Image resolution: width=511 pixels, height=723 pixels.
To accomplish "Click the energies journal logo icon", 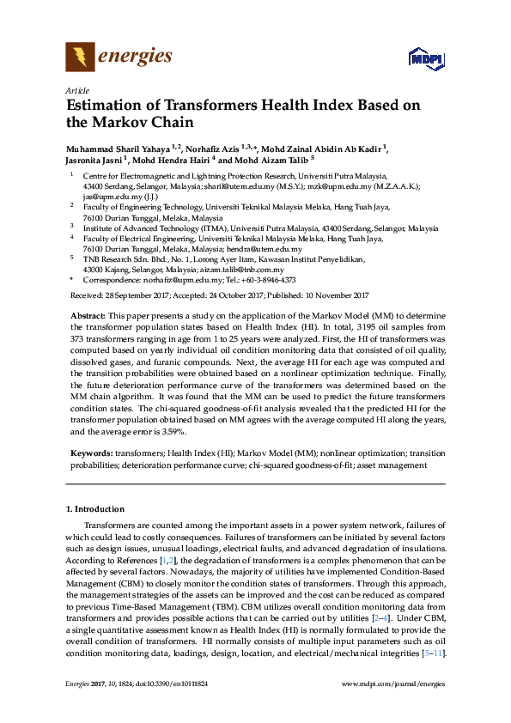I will [80, 58].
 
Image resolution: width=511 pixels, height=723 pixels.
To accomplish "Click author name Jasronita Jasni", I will [94, 160].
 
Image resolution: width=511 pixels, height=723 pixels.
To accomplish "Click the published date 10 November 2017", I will [336, 295].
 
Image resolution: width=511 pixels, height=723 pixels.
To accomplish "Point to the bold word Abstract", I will [86, 318].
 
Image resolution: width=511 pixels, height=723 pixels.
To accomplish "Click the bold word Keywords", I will [89, 452].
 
